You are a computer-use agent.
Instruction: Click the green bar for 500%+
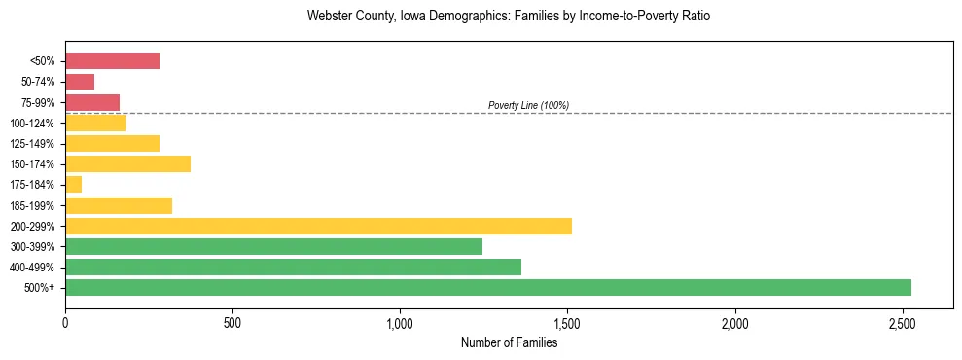[487, 287]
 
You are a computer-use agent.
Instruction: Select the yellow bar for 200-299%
[318, 226]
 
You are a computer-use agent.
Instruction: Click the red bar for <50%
[112, 61]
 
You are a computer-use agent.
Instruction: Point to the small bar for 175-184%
[73, 185]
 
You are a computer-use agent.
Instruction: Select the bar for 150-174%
[127, 163]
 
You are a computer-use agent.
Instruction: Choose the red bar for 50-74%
[80, 82]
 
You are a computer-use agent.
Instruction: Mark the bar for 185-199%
[119, 205]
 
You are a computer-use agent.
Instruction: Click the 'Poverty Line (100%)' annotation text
[528, 105]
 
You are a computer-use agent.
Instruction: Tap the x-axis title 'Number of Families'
[509, 342]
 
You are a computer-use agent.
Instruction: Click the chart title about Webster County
[509, 17]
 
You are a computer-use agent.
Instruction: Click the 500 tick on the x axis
[232, 322]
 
